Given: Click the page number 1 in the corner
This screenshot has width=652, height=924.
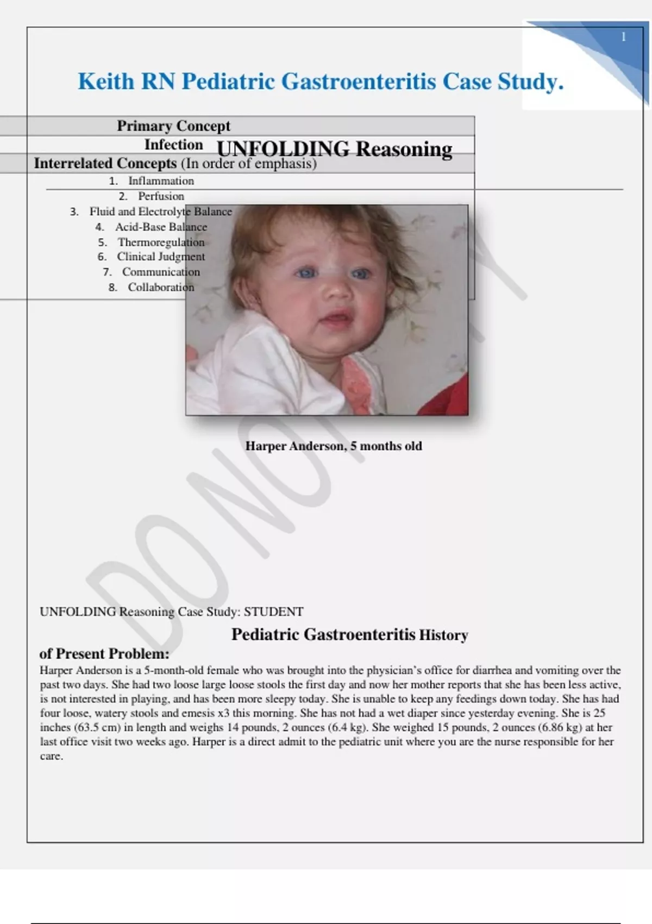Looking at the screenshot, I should click(623, 37).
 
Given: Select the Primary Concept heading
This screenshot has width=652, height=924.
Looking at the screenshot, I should click(173, 126).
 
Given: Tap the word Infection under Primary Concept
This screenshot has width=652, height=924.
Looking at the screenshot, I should click(173, 145).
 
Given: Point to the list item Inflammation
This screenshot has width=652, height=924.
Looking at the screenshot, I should click(161, 181).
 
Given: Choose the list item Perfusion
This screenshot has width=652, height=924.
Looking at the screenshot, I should click(161, 196).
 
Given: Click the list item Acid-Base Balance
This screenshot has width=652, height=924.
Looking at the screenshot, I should click(161, 227).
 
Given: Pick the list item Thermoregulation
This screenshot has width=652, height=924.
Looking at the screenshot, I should click(161, 242).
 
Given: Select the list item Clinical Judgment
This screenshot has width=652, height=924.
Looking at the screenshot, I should click(161, 257).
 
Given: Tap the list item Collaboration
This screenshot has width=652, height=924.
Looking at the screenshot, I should click(161, 287).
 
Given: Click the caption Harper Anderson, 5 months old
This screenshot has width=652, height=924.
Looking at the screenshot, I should click(333, 446).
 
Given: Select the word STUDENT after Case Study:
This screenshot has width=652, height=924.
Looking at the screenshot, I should click(273, 612).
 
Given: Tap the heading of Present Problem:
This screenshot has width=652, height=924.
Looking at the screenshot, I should click(104, 653).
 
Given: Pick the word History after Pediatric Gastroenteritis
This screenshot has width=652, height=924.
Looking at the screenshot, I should click(443, 635).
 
